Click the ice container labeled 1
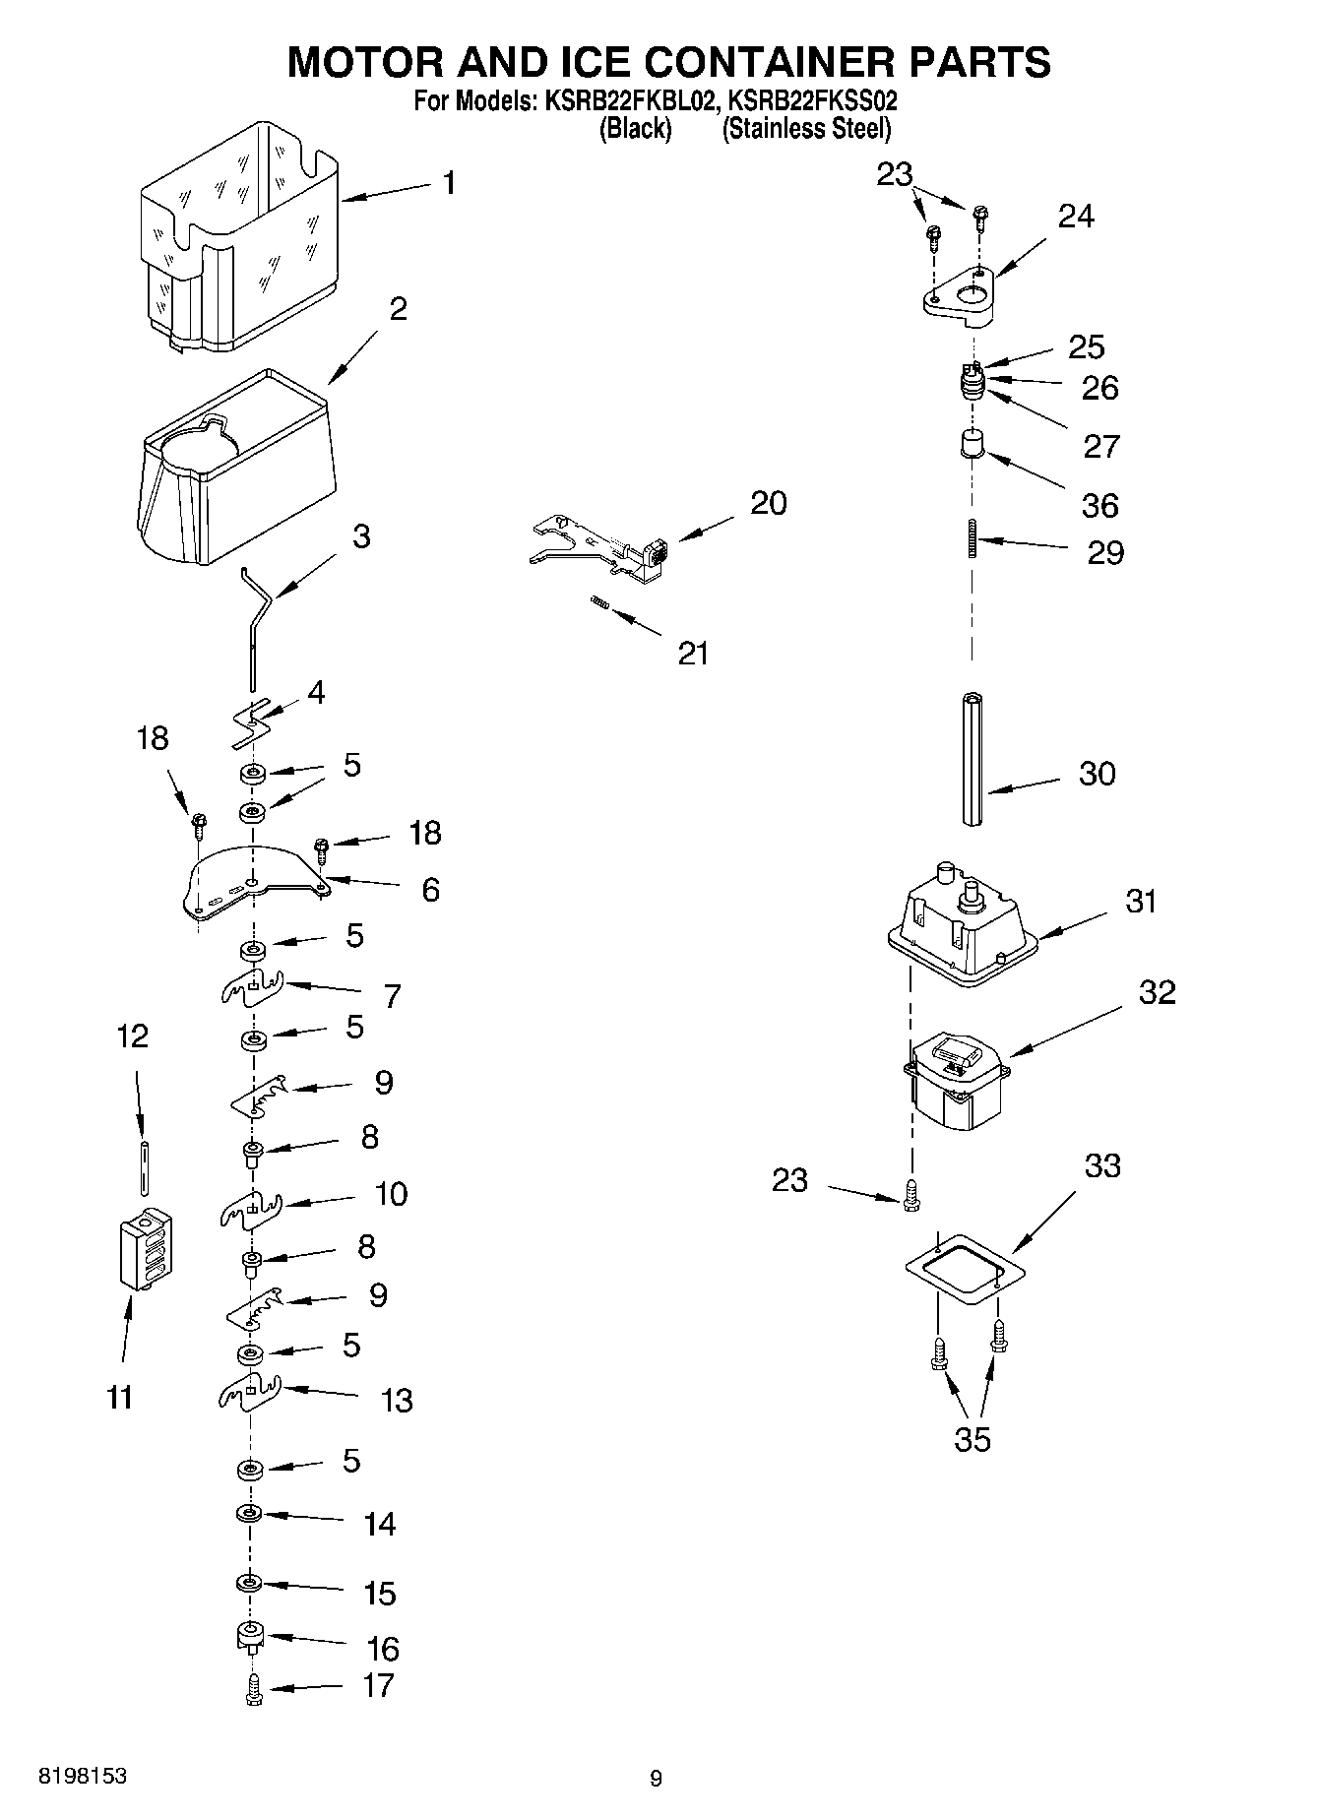click(241, 236)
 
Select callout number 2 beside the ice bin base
click(398, 309)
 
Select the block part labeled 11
click(143, 1248)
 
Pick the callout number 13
click(397, 1400)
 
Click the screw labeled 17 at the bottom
click(253, 1689)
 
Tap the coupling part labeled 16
click(251, 1637)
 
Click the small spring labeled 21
click(599, 604)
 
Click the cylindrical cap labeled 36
click(973, 443)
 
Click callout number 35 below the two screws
click(973, 1440)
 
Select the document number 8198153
click(82, 1777)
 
